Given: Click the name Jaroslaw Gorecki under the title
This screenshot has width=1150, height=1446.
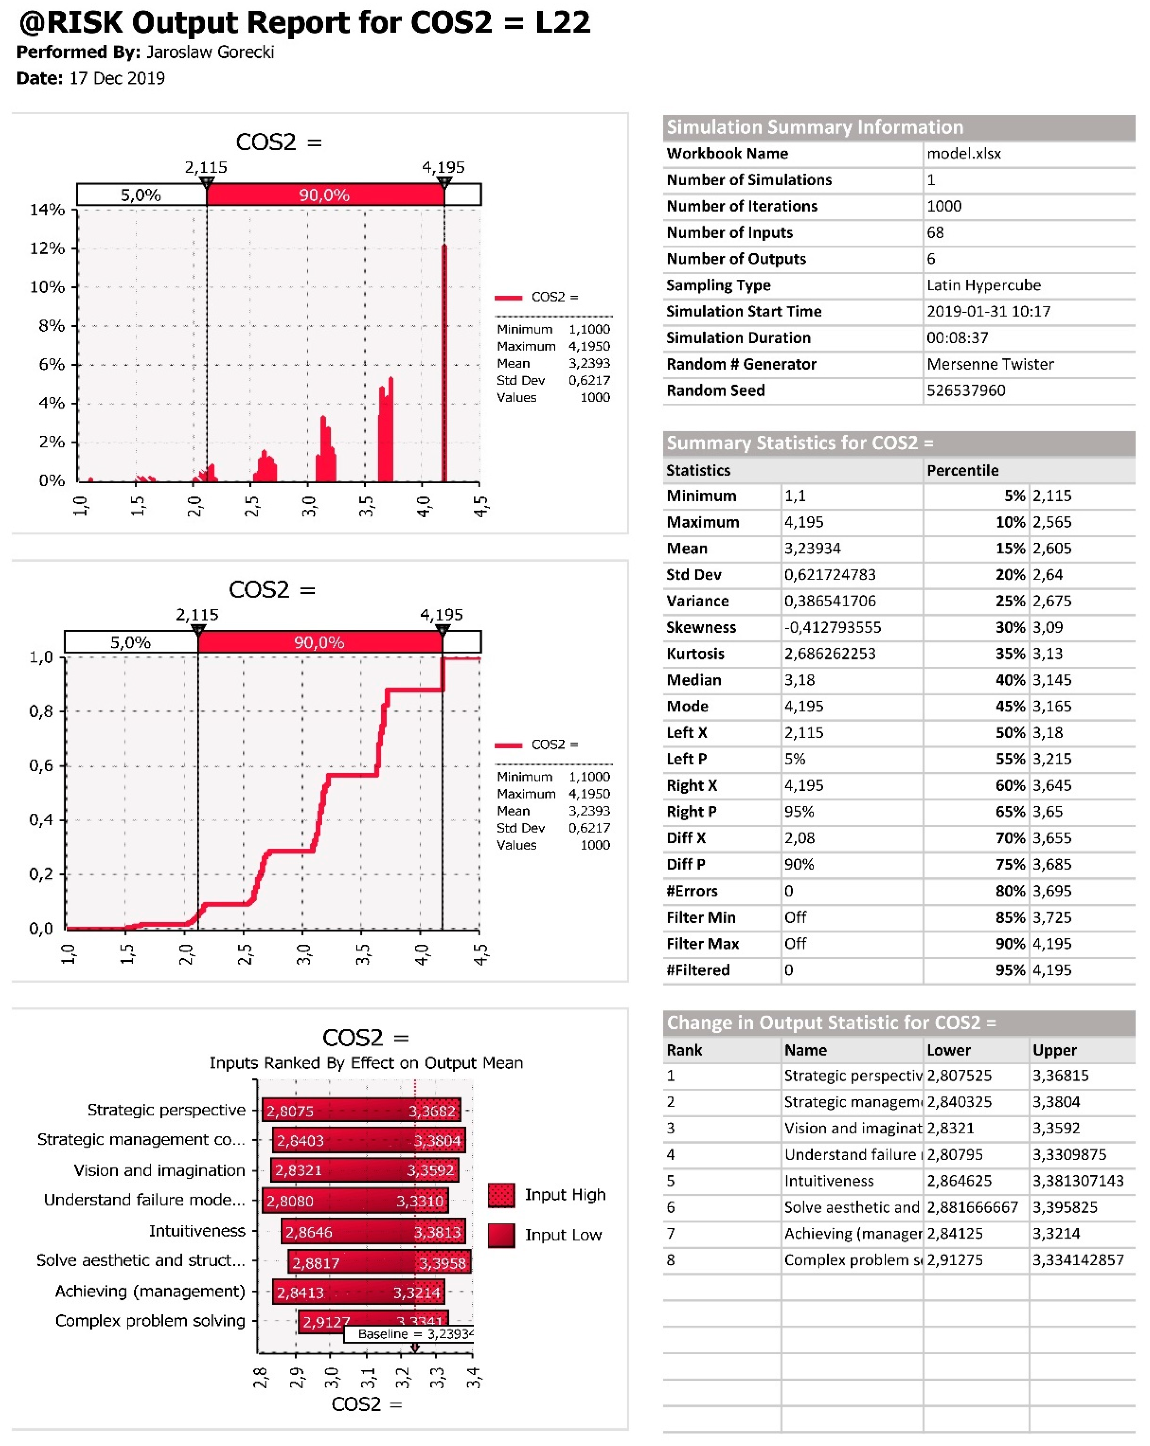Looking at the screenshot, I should [x=210, y=52].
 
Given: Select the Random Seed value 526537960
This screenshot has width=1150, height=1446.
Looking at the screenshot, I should [x=966, y=391].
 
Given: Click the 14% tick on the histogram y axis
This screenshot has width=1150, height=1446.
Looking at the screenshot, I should [x=47, y=210].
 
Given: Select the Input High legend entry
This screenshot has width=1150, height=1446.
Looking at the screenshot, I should [x=565, y=1194].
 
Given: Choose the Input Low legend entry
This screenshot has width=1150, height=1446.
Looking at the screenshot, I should [x=563, y=1235].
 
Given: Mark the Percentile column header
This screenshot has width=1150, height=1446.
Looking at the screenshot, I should [x=962, y=470].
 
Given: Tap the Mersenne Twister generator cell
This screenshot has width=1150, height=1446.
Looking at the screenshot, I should [x=990, y=364].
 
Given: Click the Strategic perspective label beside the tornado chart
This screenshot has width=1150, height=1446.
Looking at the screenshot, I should [x=166, y=1110].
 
